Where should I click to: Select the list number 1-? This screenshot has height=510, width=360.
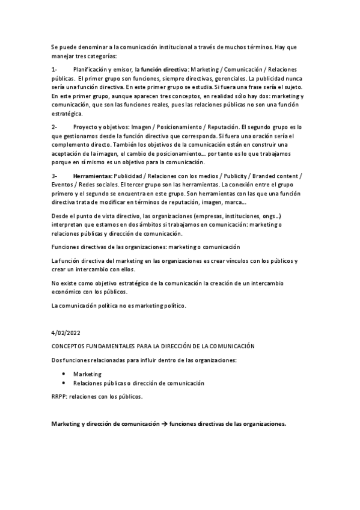pyautogui.click(x=54, y=70)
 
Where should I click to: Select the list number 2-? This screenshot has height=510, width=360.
pyautogui.click(x=54, y=127)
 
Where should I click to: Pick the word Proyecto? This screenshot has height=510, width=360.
pyautogui.click(x=85, y=127)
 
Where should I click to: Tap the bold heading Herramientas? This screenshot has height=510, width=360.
pyautogui.click(x=91, y=176)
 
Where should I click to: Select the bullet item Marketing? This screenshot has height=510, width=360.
pyautogui.click(x=87, y=374)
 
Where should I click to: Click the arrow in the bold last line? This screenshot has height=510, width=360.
pyautogui.click(x=163, y=423)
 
